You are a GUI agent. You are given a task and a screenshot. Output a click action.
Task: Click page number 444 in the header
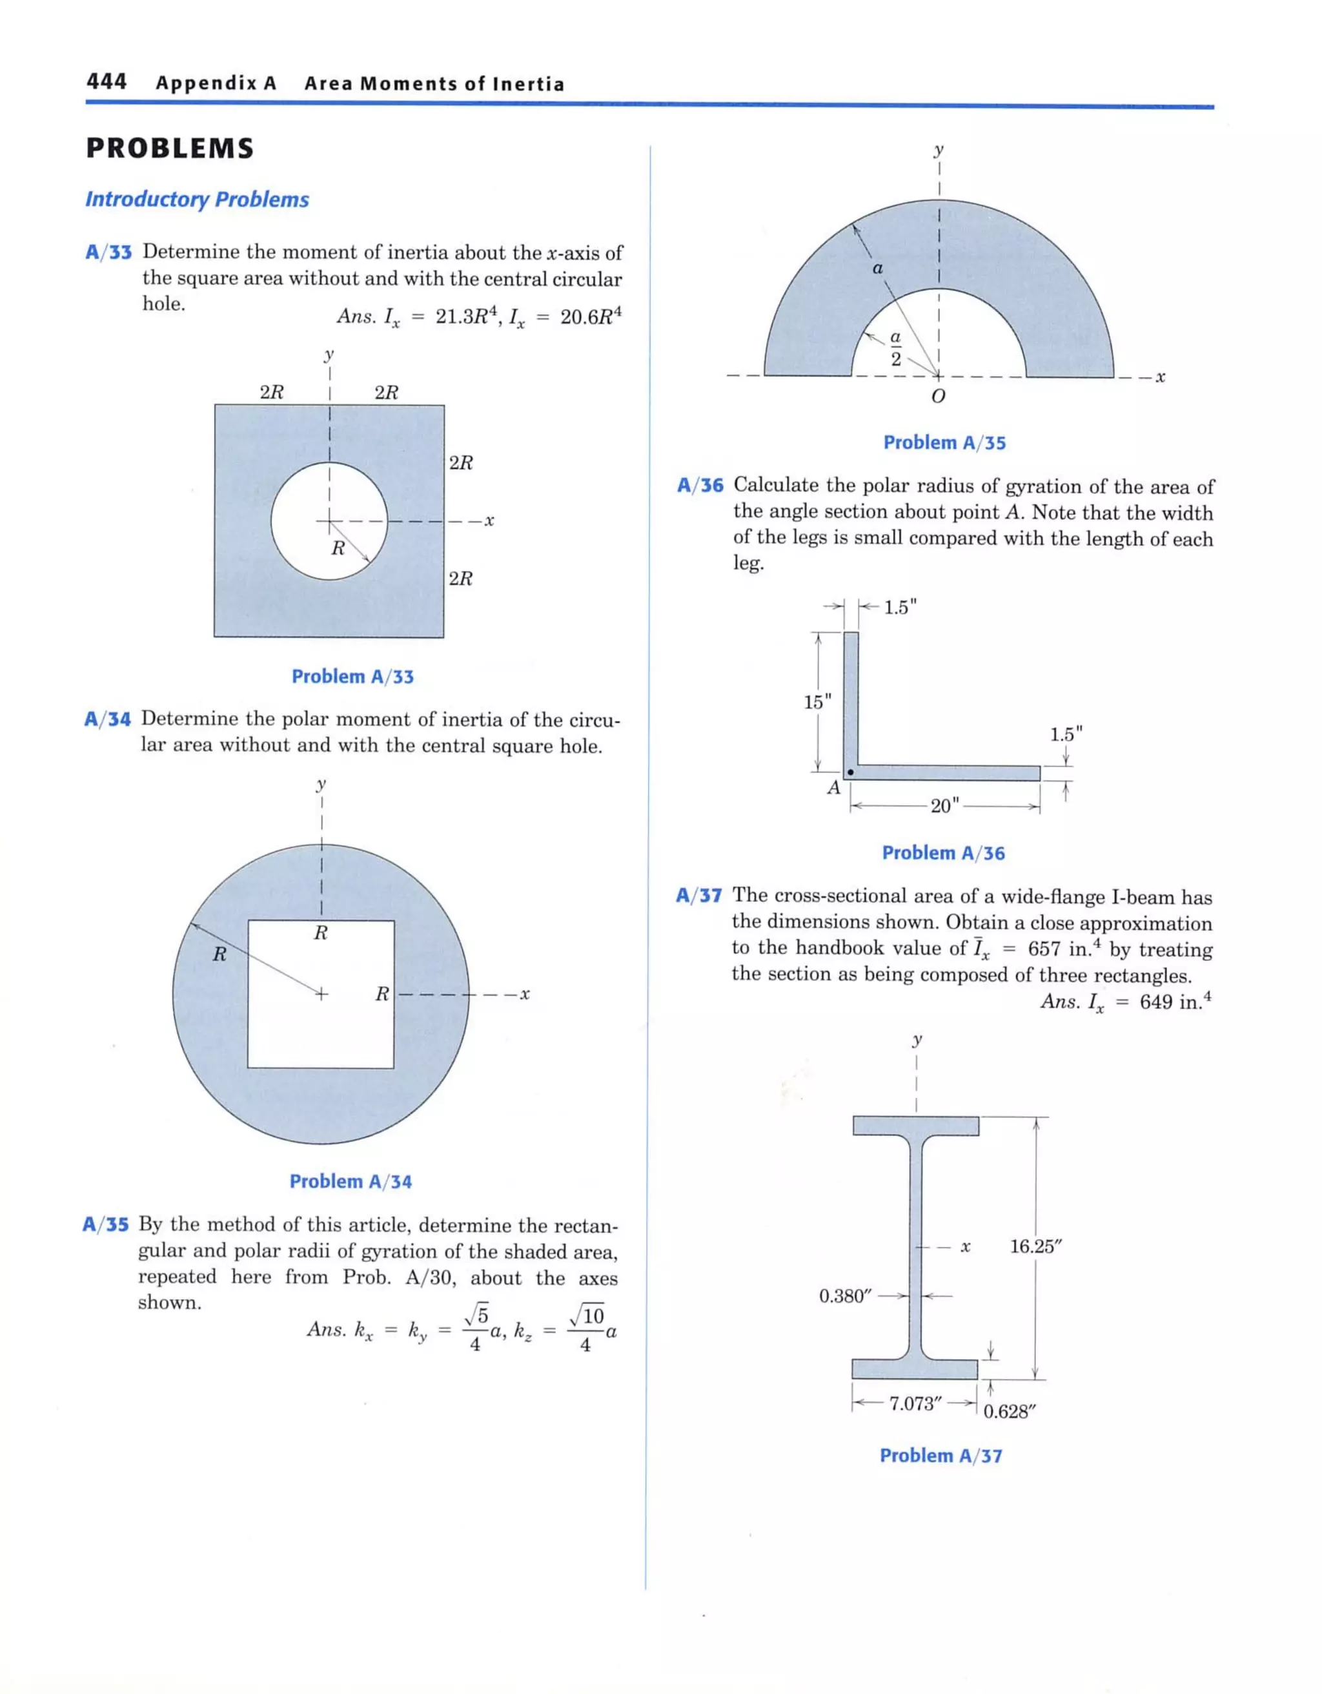coord(107,82)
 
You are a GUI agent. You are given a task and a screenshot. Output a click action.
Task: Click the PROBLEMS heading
coord(170,148)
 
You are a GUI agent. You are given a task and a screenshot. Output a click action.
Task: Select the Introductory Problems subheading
coord(197,200)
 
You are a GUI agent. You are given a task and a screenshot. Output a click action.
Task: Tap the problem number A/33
coord(108,253)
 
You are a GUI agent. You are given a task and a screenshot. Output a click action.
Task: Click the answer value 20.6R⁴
coord(590,316)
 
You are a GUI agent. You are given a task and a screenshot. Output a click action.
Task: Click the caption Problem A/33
coord(353,677)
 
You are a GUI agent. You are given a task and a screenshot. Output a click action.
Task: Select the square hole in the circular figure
coord(320,1024)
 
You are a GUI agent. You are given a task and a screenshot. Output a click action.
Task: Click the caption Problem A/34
coord(351,1181)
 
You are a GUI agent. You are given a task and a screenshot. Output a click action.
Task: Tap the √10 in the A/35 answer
coord(587,1316)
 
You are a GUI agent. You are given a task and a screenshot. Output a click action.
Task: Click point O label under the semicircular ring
coord(937,397)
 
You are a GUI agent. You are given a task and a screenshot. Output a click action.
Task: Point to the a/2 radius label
coord(895,348)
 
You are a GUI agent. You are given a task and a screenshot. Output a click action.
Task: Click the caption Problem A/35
coord(944,443)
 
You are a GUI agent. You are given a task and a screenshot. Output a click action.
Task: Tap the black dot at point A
coord(851,772)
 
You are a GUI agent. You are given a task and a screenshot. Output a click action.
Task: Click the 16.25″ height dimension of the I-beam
coord(1035,1246)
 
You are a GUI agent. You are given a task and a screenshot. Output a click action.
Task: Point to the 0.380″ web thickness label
coord(845,1296)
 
